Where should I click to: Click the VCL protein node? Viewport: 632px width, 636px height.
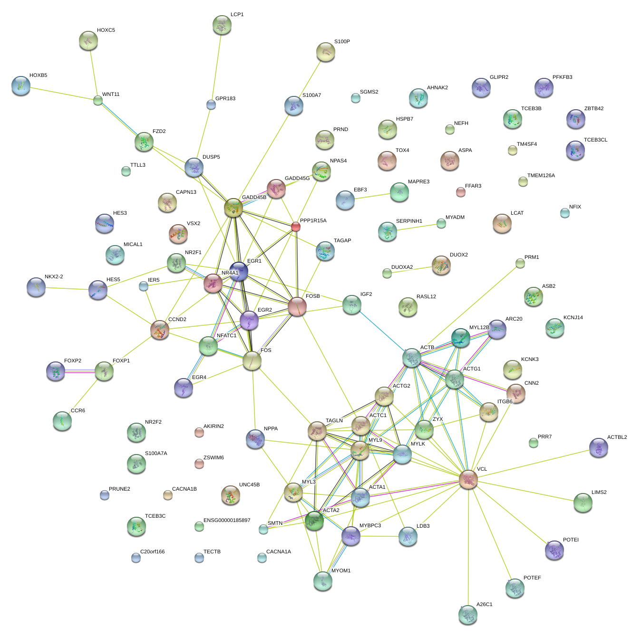tap(468, 479)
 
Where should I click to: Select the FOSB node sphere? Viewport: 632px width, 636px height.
tap(297, 306)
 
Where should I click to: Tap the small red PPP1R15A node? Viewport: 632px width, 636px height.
tap(296, 227)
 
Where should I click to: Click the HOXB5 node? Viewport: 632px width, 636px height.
tap(21, 85)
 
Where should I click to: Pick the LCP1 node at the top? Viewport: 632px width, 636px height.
tap(222, 25)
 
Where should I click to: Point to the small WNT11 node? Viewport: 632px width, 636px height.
tap(97, 100)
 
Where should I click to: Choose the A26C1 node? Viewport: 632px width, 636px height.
tap(467, 614)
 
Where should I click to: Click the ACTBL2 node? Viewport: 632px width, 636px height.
tap(598, 447)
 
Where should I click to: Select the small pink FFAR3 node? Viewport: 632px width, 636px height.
tap(460, 192)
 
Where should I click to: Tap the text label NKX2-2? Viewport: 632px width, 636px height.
tap(54, 276)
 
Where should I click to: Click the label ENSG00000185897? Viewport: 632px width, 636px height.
tap(227, 521)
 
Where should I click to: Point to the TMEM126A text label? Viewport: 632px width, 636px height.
tap(541, 175)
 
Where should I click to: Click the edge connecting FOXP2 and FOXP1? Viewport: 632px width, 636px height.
tap(79, 371)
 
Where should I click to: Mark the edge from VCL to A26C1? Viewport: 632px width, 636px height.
tap(468, 546)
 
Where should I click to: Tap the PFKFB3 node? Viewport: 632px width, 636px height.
tap(544, 87)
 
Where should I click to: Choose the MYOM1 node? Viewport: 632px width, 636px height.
tap(323, 580)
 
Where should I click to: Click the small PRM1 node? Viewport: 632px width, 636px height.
tap(520, 263)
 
